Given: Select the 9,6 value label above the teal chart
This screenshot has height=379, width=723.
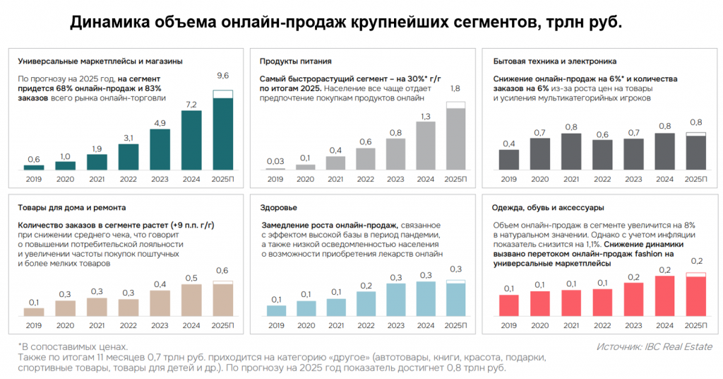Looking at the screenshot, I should pyautogui.click(x=222, y=76).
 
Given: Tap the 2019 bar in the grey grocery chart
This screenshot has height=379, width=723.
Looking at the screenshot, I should pyautogui.click(x=275, y=169).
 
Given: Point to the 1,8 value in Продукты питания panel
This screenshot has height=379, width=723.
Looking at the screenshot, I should pyautogui.click(x=455, y=88).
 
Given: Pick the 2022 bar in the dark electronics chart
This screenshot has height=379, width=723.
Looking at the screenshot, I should pyautogui.click(x=602, y=154).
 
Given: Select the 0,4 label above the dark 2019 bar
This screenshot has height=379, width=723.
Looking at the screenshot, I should pyautogui.click(x=508, y=144).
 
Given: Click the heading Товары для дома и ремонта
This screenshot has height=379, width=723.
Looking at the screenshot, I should pyautogui.click(x=72, y=208).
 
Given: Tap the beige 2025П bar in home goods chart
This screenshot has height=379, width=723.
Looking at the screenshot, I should pyautogui.click(x=222, y=298).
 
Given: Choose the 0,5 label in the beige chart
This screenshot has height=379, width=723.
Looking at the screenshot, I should pyautogui.click(x=191, y=278).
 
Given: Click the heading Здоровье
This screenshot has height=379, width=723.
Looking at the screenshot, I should pyautogui.click(x=278, y=208).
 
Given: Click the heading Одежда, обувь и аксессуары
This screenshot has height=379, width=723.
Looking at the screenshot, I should pyautogui.click(x=549, y=208).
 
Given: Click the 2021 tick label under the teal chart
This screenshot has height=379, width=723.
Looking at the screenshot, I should pyautogui.click(x=97, y=180).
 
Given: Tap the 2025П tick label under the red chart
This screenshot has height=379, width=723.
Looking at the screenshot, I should pyautogui.click(x=695, y=325).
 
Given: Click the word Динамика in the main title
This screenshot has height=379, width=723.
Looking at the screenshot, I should pyautogui.click(x=109, y=23).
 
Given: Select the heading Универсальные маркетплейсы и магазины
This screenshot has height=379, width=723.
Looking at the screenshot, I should pyautogui.click(x=100, y=61).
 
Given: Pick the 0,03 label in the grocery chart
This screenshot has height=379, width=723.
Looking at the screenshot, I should pyautogui.click(x=275, y=161).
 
